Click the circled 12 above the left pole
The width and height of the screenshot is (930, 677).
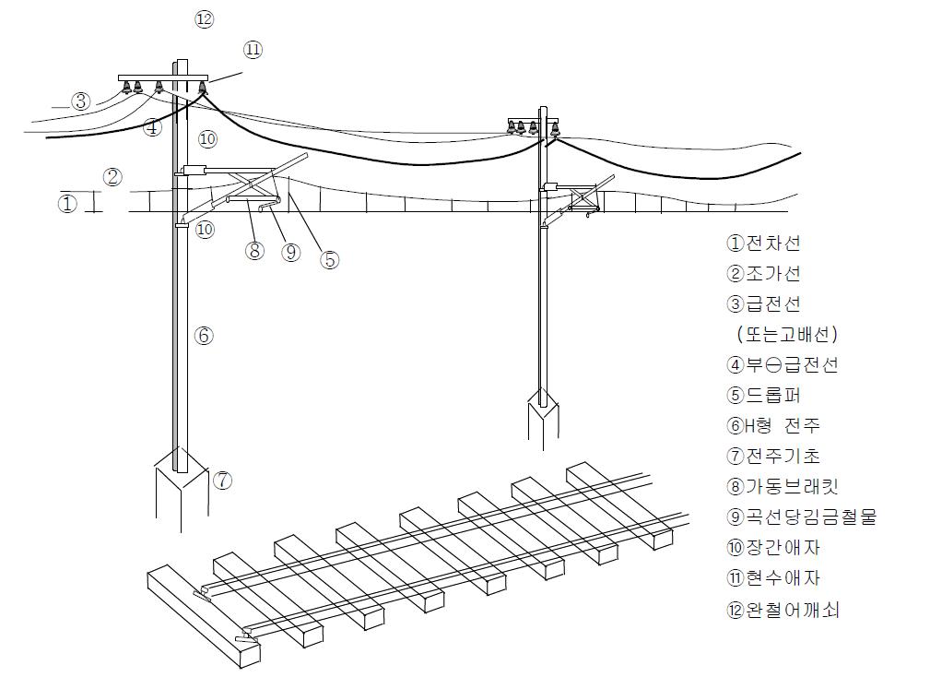pos(205,18)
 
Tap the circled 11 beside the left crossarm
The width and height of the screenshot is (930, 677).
pos(253,49)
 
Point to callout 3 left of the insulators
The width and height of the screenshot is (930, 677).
pos(82,101)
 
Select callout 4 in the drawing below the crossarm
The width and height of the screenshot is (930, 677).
pos(153,127)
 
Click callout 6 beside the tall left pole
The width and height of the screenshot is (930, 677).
pos(204,336)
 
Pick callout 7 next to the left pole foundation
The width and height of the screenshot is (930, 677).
pos(222,480)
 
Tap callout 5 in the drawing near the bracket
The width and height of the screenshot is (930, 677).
pos(329,260)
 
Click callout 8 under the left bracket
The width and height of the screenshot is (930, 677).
pos(255,250)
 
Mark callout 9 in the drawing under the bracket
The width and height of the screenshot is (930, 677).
pos(291,251)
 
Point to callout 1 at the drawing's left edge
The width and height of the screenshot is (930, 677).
pos(67,204)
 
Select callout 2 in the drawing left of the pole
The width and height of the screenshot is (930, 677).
pos(112,177)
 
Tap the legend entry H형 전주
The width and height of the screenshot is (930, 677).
pos(772,425)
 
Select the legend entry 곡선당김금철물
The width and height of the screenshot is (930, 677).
pos(800,517)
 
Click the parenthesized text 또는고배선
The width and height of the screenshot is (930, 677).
pos(788,334)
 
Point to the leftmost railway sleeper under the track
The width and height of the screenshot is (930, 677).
pos(203,613)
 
